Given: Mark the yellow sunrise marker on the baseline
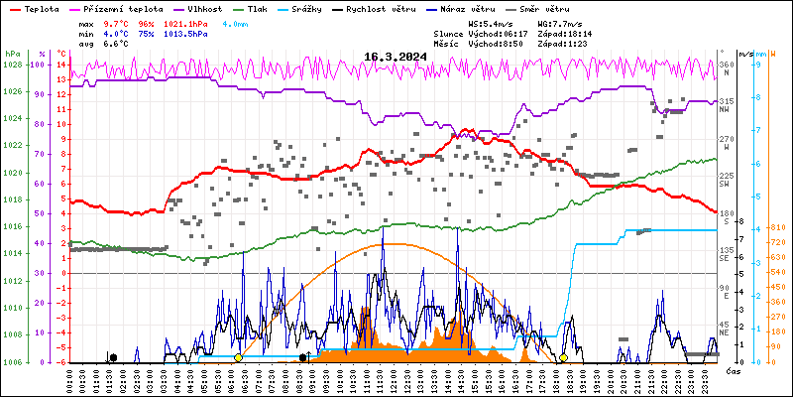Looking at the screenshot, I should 238,357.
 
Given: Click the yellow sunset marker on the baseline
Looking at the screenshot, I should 563,357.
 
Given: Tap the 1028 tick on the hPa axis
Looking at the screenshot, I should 12,65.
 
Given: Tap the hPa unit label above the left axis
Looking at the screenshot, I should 12,54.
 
